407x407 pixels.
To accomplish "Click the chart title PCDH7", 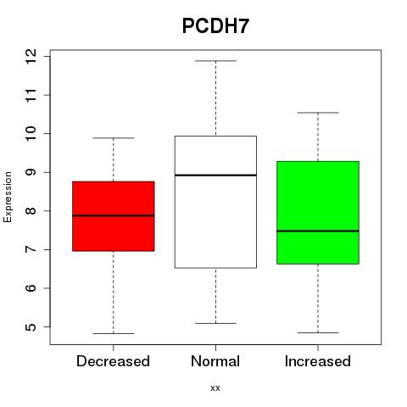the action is coord(215,26).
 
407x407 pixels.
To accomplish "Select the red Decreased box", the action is coord(114,216).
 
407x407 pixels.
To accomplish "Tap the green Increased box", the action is coord(318,213).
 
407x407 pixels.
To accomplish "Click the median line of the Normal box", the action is coord(215,176).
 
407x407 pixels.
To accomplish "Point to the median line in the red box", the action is coord(114,215).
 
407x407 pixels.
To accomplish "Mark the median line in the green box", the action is coord(318,231).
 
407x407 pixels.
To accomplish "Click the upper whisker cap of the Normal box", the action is coord(215,61).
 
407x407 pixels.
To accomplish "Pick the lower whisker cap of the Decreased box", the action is coord(114,333).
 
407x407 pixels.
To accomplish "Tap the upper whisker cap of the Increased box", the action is coord(318,113).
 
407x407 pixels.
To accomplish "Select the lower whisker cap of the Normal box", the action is coord(215,323).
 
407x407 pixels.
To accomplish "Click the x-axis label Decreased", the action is coord(113,361).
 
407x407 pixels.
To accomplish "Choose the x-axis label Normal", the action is coord(215,361).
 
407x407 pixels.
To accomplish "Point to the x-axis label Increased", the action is coord(318,361).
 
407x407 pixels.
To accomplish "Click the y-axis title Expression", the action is coord(8,197).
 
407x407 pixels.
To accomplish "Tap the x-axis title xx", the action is coord(215,388).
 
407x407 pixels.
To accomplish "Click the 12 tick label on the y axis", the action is coord(31,56).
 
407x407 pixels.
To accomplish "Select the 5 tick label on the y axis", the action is coord(31,327).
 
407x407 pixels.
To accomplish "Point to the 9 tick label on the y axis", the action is coord(31,172).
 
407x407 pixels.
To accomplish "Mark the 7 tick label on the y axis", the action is coord(31,249).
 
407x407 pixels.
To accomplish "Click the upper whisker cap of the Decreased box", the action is coord(114,138).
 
